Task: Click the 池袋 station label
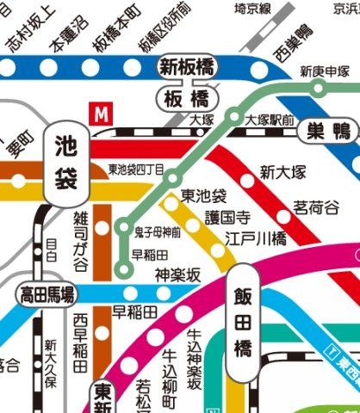tap(65, 160)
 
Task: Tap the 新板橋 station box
tap(185, 66)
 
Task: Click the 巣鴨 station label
tap(330, 132)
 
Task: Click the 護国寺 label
tap(227, 219)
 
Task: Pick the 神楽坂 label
tap(177, 274)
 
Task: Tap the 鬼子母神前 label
tap(158, 232)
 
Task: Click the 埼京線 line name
tap(253, 9)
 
